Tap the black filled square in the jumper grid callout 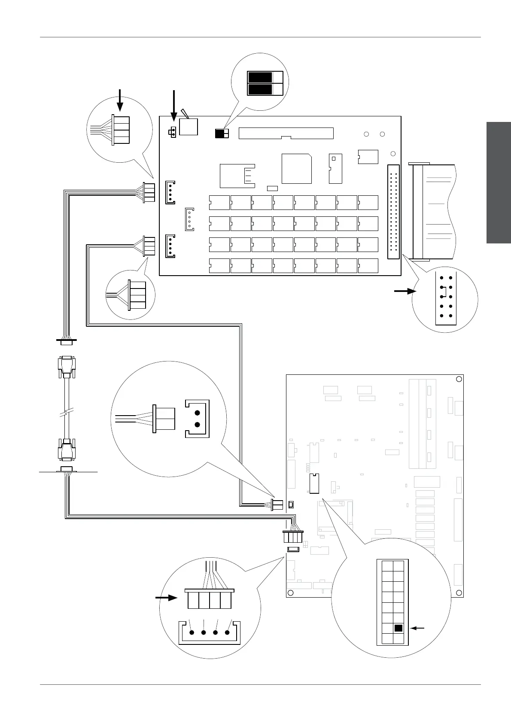tap(398, 628)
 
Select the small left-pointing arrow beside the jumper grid tap(418, 628)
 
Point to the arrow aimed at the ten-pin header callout tap(405, 291)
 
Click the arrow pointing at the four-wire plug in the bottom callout tap(167, 597)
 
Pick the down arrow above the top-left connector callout tap(120, 100)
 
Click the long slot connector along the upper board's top tap(286, 133)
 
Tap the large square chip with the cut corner tap(296, 168)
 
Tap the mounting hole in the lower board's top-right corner tap(459, 379)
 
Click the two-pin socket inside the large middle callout tap(197, 419)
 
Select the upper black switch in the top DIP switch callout tap(260, 77)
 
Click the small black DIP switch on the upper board tap(222, 134)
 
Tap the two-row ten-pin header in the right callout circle tap(446, 296)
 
